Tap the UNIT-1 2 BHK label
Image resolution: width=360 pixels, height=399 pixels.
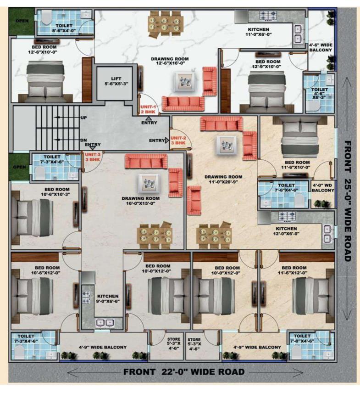[149, 109]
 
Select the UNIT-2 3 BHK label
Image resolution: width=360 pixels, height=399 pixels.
[177, 140]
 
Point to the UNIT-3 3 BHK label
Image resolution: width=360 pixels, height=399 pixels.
[92, 157]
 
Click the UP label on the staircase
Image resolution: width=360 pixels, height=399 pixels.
[83, 118]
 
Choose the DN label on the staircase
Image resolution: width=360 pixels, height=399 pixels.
[83, 140]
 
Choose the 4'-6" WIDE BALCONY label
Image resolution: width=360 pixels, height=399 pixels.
[320, 47]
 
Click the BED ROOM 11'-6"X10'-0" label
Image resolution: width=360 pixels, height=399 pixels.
[297, 165]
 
